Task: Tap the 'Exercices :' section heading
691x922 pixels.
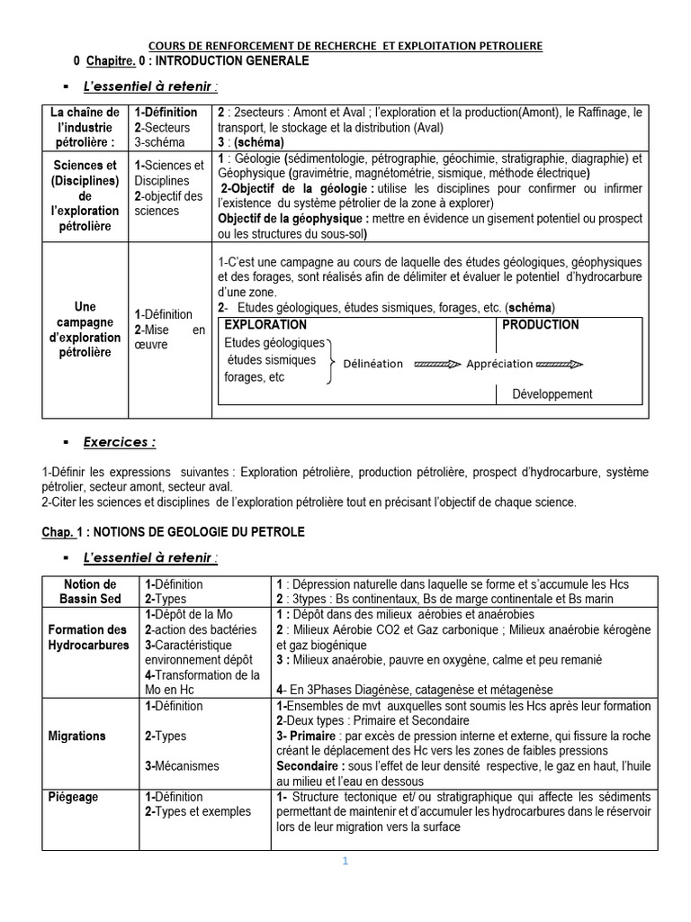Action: pos(119,442)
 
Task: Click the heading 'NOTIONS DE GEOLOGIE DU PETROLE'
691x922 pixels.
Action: pos(194,532)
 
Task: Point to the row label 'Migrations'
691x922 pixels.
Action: pos(76,736)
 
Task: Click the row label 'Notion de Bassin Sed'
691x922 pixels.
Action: pos(91,592)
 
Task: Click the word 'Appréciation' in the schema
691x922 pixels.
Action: pos(499,364)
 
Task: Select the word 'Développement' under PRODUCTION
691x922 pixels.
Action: pos(552,393)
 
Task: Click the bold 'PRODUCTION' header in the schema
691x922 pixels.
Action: pos(540,325)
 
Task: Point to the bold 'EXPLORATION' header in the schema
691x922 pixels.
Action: pos(265,325)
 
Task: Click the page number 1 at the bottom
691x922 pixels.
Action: pos(344,861)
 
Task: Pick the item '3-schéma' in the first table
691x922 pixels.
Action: pos(159,142)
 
